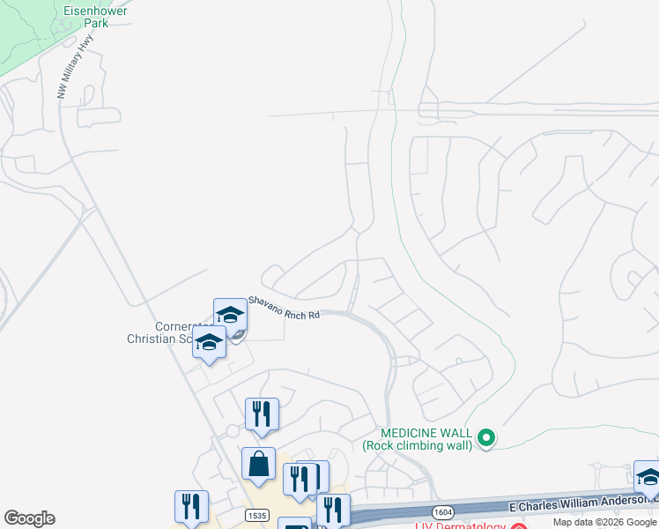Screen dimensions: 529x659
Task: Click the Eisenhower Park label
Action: [97, 17]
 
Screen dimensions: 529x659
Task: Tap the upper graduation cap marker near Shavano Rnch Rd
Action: [230, 315]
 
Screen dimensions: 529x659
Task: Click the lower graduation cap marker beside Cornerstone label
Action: [209, 343]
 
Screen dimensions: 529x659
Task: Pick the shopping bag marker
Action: [259, 464]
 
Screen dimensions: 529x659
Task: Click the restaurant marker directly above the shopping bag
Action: [262, 414]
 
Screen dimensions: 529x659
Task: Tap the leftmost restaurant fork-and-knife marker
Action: [191, 506]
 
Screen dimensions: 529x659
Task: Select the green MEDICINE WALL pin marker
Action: [485, 437]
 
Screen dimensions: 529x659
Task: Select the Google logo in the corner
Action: [29, 518]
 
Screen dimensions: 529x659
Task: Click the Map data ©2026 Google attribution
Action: [605, 523]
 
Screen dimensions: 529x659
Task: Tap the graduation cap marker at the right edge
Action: [648, 477]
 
